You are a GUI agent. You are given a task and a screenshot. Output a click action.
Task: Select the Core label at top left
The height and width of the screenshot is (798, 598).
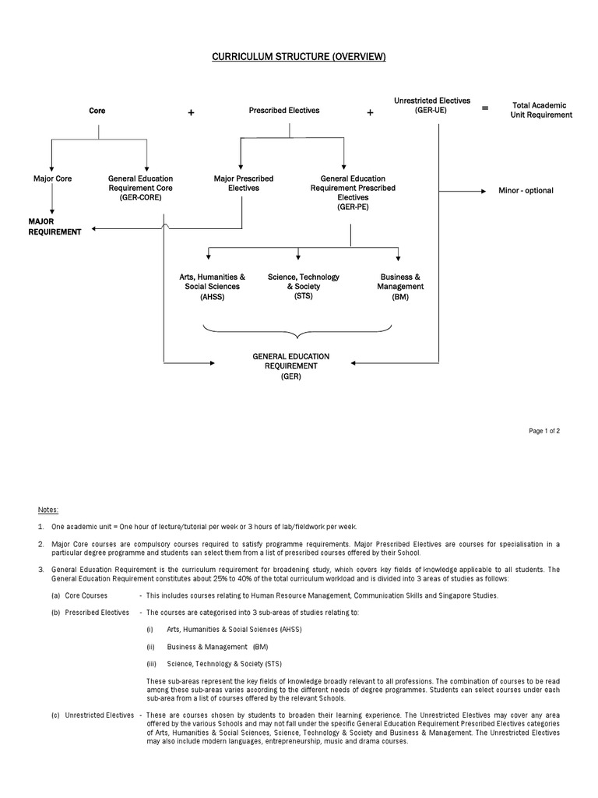(x=97, y=111)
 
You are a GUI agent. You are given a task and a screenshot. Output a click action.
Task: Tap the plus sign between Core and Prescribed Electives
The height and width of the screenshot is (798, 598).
(x=191, y=113)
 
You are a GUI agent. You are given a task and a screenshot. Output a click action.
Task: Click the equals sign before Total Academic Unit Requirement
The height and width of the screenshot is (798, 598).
(x=485, y=109)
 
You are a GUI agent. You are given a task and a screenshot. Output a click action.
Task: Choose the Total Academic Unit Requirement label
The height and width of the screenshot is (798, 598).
(x=540, y=110)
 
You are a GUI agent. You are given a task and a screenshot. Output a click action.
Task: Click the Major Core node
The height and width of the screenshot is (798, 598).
(x=52, y=178)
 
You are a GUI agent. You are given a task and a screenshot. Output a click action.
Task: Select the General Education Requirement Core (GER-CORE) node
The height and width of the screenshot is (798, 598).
(x=140, y=188)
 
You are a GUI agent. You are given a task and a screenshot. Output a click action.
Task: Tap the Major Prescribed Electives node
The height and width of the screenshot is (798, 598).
(x=244, y=183)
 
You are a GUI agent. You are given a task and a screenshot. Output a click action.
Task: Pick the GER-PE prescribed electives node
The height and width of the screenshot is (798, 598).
(x=353, y=192)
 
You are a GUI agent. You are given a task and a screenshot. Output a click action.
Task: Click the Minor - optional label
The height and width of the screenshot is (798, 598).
(x=526, y=190)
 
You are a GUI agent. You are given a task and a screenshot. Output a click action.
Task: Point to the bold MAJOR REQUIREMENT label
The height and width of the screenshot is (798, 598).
(x=55, y=227)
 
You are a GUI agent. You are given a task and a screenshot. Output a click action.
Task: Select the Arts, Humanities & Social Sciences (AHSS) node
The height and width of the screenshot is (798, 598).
(x=212, y=286)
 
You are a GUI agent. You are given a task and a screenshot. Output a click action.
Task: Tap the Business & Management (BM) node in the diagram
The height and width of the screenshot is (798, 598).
(x=400, y=286)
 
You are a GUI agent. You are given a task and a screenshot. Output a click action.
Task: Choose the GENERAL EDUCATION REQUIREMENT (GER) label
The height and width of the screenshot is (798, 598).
(x=290, y=365)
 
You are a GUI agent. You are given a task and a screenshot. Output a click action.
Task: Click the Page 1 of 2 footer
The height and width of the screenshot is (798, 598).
(x=544, y=431)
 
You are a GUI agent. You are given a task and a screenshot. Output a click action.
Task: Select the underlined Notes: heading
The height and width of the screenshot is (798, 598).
(x=47, y=509)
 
